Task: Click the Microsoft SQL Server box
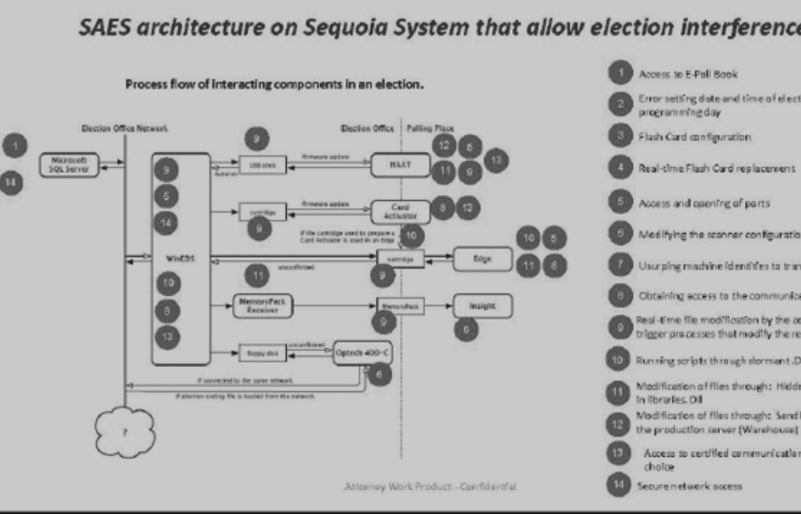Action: tap(69, 165)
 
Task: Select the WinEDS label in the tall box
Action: tap(180, 258)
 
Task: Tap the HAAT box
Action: tap(400, 165)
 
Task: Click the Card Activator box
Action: tap(400, 211)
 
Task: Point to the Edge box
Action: tap(482, 259)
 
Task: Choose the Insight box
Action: tap(482, 306)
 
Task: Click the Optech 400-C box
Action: tap(363, 353)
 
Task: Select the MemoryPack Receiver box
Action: tap(262, 306)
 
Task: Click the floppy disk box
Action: tap(262, 353)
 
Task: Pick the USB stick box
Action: tap(262, 165)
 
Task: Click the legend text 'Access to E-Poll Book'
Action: tap(688, 74)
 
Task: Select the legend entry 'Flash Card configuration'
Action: tap(694, 137)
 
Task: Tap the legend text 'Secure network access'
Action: tap(689, 486)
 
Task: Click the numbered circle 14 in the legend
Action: tap(618, 484)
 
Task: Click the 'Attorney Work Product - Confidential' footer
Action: tap(430, 486)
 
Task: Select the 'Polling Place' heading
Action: tap(430, 128)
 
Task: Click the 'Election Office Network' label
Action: tap(124, 128)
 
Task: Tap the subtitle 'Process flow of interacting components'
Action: tap(274, 84)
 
